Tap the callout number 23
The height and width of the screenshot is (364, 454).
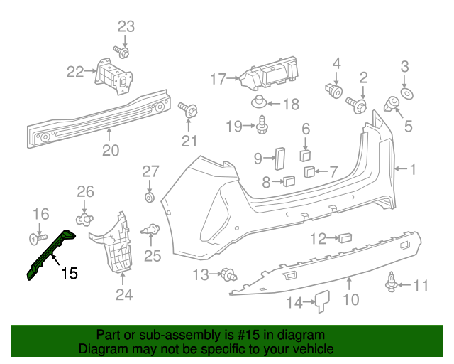click(126, 27)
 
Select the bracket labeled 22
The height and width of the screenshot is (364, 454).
click(113, 75)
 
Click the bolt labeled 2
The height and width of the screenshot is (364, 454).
click(357, 105)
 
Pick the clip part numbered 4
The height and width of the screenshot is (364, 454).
click(336, 90)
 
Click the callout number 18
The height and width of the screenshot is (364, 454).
click(291, 105)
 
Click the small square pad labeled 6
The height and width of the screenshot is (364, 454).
click(306, 154)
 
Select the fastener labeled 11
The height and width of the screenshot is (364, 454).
click(389, 283)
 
